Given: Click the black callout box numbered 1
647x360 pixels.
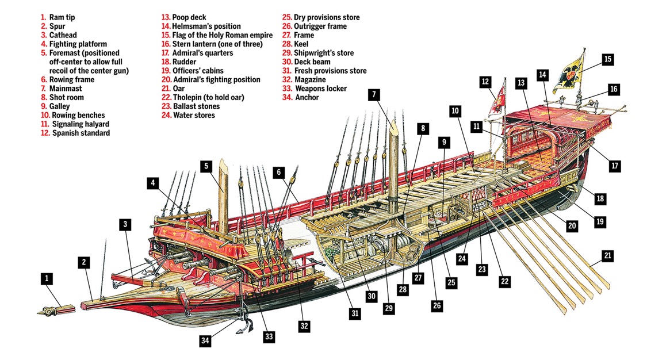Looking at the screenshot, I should coord(47,279).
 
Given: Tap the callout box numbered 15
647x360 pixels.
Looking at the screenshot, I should coord(608,59).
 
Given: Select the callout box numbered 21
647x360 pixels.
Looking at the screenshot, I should coord(608,255).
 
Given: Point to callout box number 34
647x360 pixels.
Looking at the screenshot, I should coord(205,340).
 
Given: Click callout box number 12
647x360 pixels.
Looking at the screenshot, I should coord(485,83).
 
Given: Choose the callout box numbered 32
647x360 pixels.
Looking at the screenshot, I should coord(304,325).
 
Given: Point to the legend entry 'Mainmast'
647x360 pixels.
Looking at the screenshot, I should coord(66,89).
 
